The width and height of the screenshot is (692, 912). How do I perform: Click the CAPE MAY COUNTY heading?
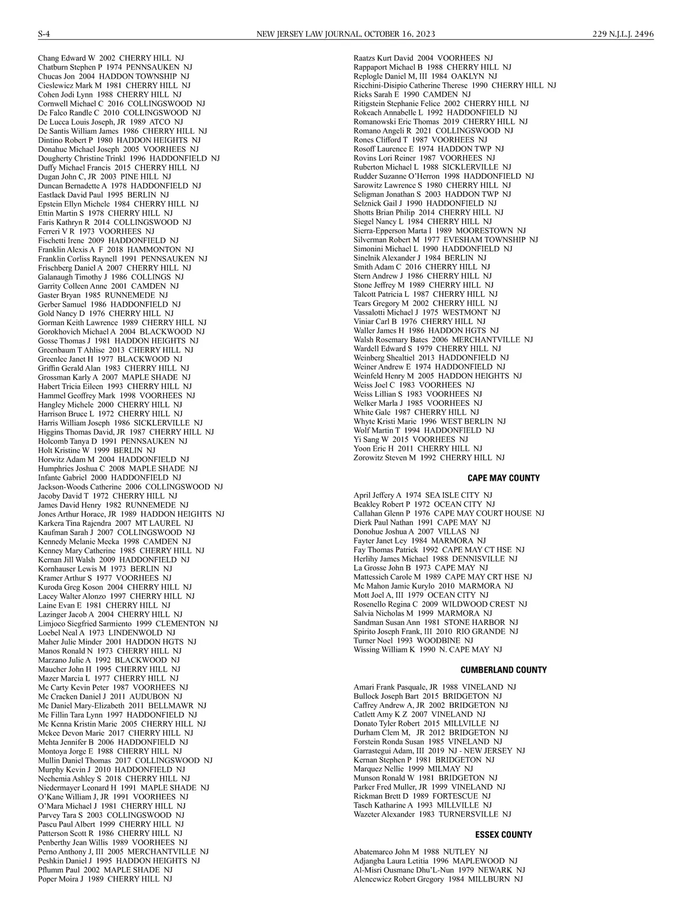tap(503, 478)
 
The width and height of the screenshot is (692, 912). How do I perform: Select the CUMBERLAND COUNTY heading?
tap(503, 670)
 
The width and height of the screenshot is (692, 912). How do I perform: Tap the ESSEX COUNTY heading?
tap(503, 834)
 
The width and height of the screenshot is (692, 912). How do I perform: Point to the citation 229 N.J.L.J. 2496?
tap(623, 34)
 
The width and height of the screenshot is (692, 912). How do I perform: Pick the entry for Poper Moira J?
tap(105, 879)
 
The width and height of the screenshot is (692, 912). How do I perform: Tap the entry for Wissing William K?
tap(427, 650)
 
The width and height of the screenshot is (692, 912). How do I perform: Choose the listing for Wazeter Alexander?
tap(432, 815)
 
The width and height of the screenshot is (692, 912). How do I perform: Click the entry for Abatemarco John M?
tap(420, 851)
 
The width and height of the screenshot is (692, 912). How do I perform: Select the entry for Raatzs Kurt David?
tap(423, 58)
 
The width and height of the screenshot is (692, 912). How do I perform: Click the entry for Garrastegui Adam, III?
tap(439, 751)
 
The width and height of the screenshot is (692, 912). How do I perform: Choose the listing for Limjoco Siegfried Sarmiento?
tap(127, 624)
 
